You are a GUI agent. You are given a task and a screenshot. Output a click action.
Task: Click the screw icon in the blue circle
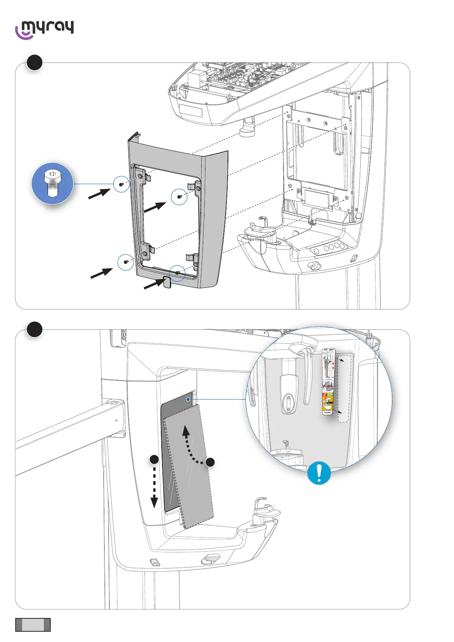52,183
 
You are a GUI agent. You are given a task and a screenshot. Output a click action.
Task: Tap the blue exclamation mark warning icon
319,473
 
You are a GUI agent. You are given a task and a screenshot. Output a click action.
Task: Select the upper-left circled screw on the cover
121,184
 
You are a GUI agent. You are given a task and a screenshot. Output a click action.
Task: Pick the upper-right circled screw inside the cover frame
179,197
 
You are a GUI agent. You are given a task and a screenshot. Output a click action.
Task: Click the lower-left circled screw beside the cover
125,262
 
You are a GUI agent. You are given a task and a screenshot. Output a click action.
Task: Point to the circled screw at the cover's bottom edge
177,273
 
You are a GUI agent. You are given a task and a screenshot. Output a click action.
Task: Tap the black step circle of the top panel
35,63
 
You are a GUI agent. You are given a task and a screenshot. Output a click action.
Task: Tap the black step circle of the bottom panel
35,329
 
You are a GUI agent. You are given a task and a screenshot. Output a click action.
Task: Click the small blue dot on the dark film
188,399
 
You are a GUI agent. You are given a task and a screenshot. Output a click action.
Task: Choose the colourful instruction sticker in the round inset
328,382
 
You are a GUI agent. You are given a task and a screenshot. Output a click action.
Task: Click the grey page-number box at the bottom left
33,624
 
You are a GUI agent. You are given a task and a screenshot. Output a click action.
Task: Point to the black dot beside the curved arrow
210,462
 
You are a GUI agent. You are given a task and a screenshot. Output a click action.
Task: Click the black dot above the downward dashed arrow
154,459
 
